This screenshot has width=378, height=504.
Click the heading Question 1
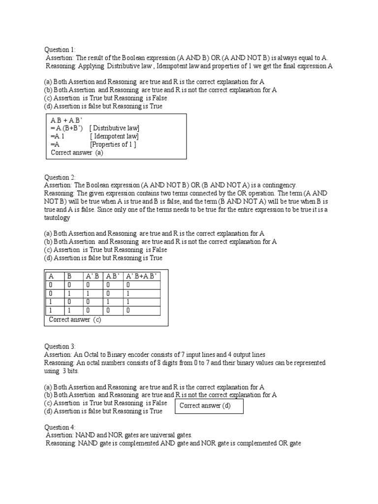60,50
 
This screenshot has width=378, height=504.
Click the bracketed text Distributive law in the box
115,128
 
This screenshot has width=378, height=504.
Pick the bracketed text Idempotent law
114,136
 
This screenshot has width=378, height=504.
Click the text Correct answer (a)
77,153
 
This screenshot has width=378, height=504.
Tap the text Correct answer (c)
75,320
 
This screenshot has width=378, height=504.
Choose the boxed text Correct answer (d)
205,406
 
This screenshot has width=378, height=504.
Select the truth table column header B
69,276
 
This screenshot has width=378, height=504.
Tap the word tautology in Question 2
57,218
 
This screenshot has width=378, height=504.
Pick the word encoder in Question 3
143,354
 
